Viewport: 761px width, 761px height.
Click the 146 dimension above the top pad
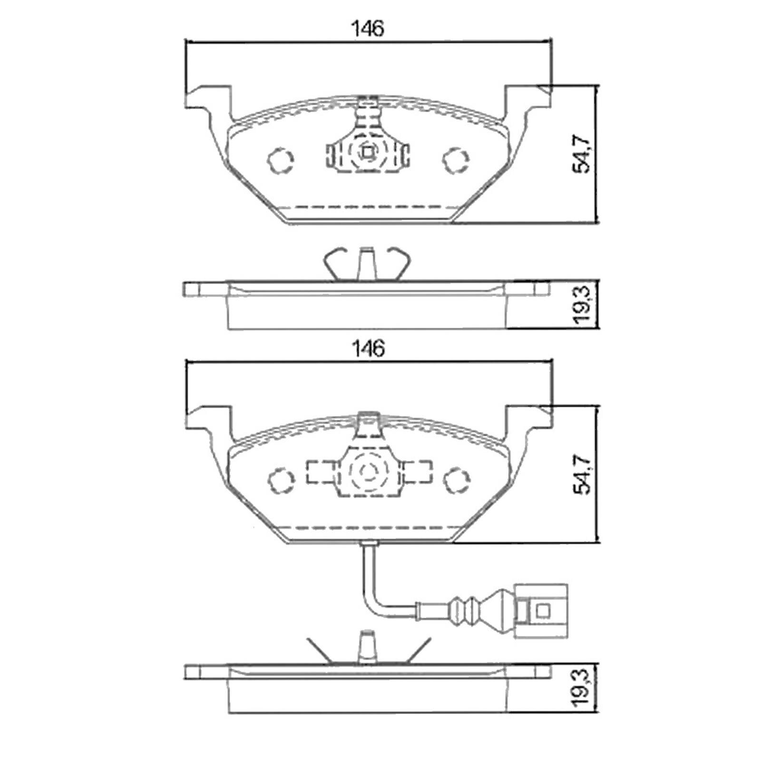coord(367,29)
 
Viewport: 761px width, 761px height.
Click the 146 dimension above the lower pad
coord(367,349)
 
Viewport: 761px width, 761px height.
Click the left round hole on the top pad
coord(280,160)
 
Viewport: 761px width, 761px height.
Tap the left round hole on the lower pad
coord(280,480)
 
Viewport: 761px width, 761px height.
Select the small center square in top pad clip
coord(367,153)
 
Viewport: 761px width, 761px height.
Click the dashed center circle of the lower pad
coord(367,473)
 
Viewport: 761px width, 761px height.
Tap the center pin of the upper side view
coord(366,264)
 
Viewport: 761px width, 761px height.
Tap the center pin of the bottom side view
coord(366,647)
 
